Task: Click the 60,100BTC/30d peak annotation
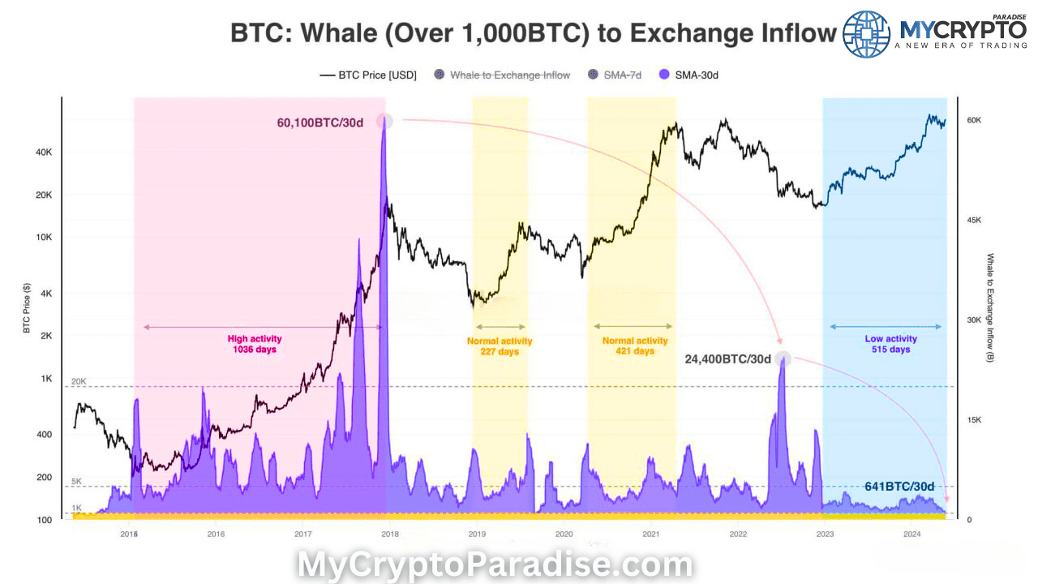331,122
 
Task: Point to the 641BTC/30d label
899,487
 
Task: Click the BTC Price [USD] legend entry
369,75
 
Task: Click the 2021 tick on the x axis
650,534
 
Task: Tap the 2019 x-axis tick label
477,534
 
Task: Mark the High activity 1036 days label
255,344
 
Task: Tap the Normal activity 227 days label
500,346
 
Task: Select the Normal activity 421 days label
635,346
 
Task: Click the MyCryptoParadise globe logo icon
867,33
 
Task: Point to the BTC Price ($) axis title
27,308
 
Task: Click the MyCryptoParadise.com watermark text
495,565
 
